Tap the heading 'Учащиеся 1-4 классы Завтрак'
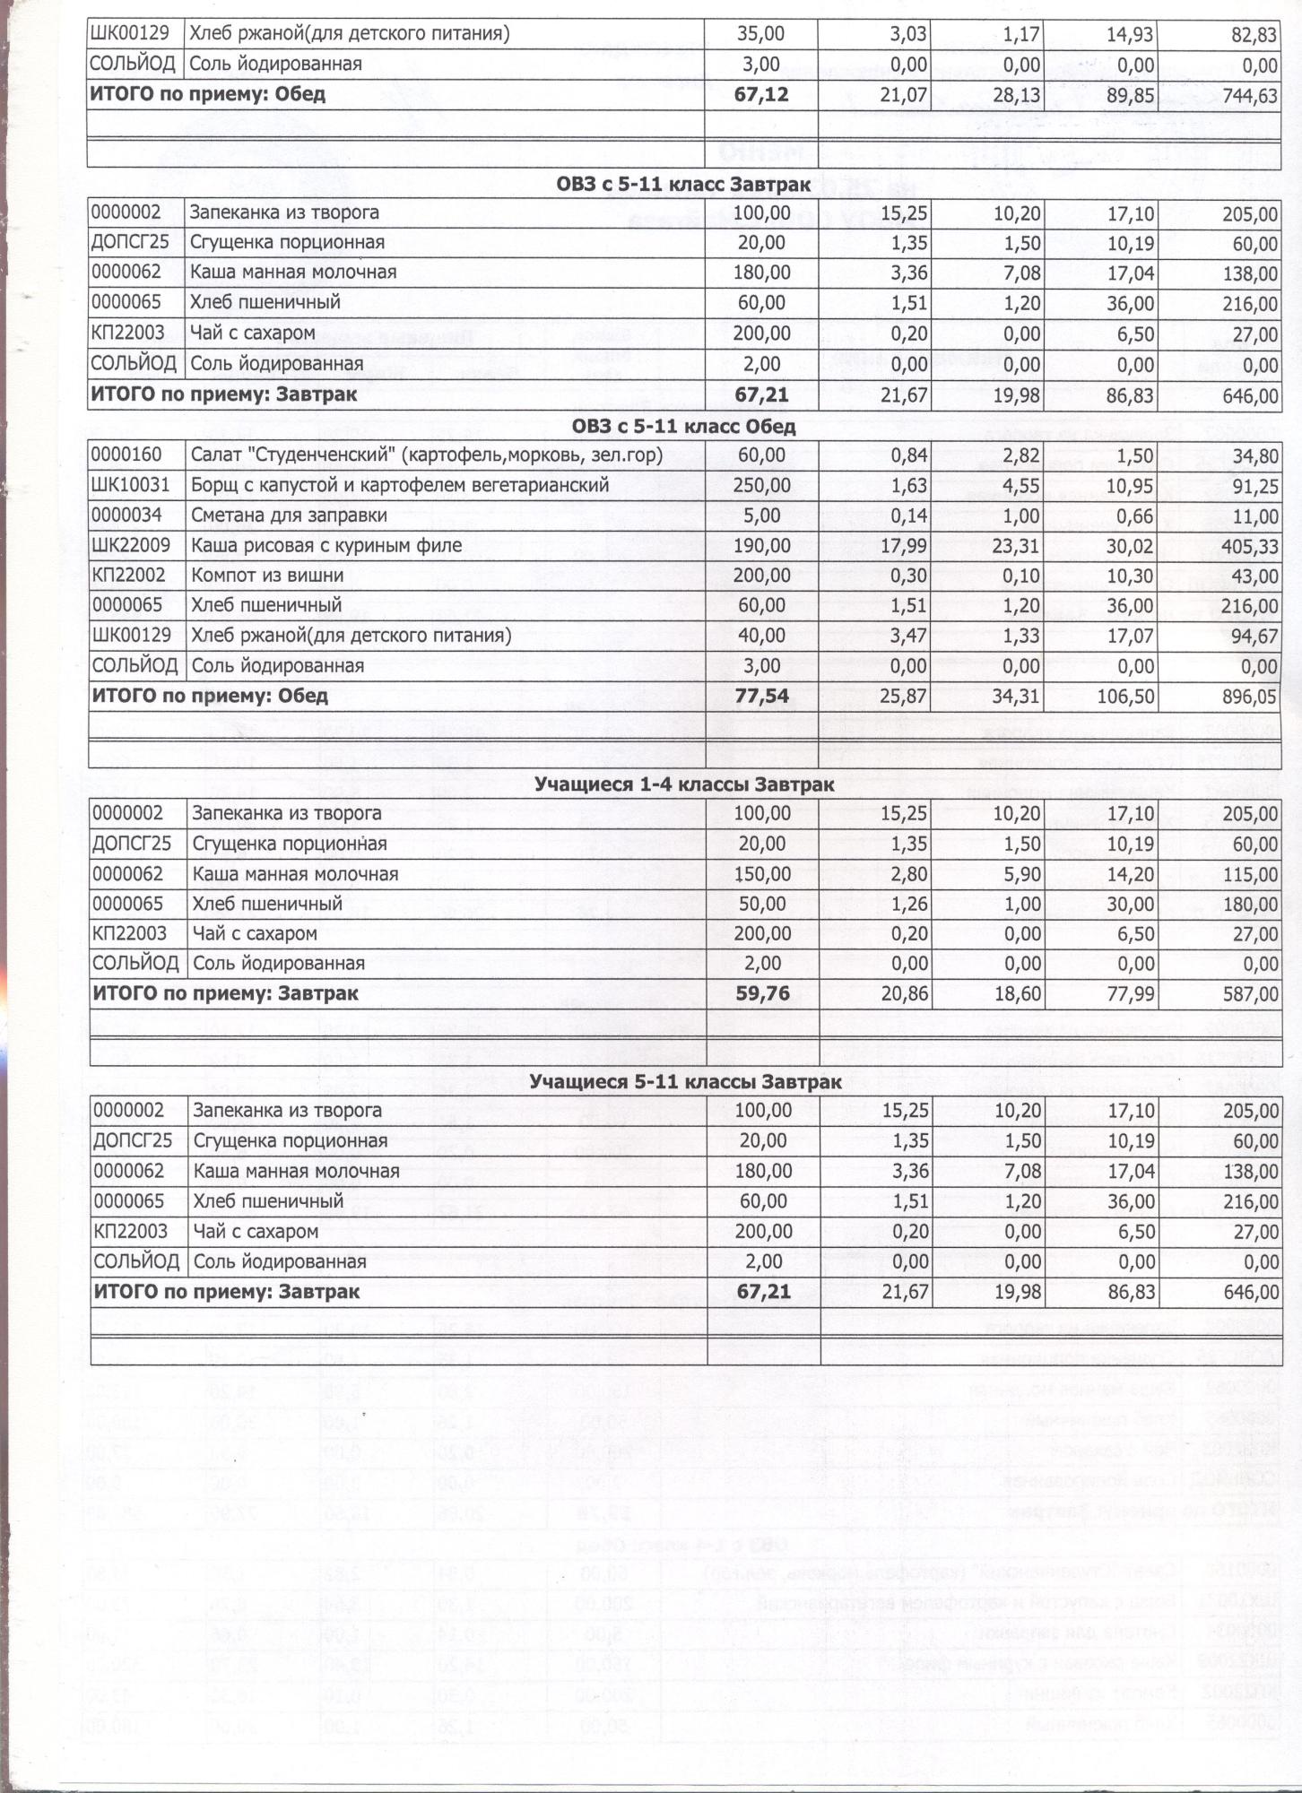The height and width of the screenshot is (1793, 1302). point(684,784)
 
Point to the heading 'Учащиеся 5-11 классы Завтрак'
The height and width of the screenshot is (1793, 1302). point(685,1082)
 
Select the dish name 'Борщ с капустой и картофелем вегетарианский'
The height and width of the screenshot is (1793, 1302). point(400,485)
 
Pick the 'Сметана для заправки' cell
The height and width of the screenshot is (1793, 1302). point(289,515)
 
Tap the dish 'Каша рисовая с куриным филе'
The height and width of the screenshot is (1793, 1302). point(326,545)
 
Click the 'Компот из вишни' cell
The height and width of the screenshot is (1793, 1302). point(267,575)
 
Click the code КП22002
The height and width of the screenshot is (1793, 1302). point(128,575)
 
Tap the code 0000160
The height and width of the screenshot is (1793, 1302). point(126,455)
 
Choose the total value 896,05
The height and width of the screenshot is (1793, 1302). point(1248,697)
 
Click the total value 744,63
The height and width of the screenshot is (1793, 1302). point(1248,95)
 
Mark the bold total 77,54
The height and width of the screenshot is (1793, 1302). point(761,697)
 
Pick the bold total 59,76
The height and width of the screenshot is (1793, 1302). point(762,993)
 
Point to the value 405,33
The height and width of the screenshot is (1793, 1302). point(1248,546)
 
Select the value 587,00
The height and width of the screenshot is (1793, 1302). point(1249,994)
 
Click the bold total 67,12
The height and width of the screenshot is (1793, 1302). point(761,95)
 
